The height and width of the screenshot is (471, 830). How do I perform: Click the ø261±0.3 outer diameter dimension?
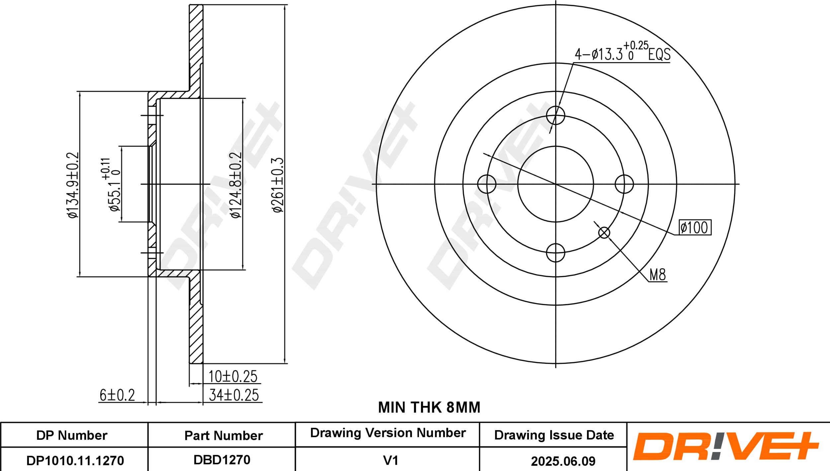[278, 185]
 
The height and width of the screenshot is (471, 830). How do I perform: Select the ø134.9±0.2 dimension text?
[73, 185]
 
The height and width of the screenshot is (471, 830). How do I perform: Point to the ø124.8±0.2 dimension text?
[236, 185]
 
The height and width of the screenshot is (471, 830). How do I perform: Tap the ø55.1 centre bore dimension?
[111, 184]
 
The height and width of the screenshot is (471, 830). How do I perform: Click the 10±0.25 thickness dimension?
[233, 377]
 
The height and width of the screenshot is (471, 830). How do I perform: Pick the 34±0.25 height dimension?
[234, 395]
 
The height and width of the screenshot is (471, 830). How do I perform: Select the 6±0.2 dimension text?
[117, 395]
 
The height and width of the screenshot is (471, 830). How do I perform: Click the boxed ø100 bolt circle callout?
[695, 228]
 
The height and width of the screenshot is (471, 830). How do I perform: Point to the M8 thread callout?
[658, 275]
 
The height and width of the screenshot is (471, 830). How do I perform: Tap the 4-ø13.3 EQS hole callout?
[622, 52]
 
